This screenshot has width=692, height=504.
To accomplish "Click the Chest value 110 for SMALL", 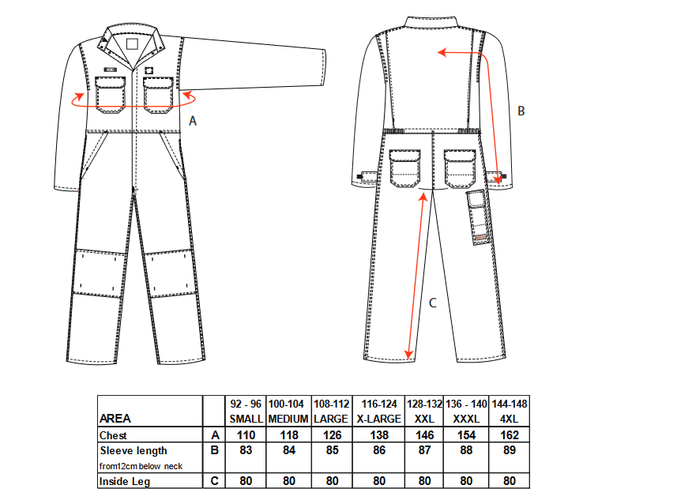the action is pos(246,435).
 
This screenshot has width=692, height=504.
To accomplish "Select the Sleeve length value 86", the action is pos(379,450).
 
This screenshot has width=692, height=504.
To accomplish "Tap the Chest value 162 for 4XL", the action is pos(510,435).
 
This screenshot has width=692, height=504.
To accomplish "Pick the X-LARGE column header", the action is pos(378,419).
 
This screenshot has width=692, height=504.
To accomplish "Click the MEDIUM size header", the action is pos(288,419).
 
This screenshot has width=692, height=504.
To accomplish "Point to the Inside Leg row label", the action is pos(125,482).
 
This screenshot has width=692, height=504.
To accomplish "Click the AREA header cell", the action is pos(115,419).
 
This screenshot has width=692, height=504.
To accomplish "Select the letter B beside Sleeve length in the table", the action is pos(215,450).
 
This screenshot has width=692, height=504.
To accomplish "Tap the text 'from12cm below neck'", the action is pos(141,467).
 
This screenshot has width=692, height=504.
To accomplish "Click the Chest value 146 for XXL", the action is pos(424,435).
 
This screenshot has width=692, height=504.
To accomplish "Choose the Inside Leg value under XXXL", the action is pos(466,480).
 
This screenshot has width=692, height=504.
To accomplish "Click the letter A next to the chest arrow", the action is pos(193,121).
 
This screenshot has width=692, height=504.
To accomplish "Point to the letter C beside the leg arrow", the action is pos(433,303).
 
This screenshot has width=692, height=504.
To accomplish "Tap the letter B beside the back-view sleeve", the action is pos(521,111).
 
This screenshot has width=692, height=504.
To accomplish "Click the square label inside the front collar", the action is pos(132,44).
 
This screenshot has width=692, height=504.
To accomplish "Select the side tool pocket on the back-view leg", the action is pos(478,216).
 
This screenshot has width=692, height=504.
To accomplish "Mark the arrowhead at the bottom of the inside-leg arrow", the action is pos(408,354).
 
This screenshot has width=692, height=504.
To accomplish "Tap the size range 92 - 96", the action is pos(246,404).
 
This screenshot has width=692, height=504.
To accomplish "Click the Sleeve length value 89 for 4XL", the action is pos(510,450).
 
